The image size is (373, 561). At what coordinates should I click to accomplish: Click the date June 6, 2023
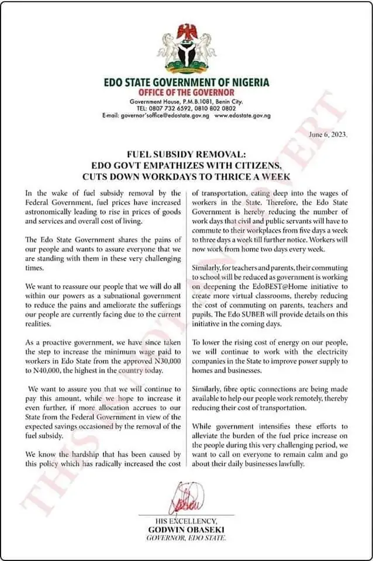point(329,134)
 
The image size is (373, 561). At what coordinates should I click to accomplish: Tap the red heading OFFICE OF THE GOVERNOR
point(186,92)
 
